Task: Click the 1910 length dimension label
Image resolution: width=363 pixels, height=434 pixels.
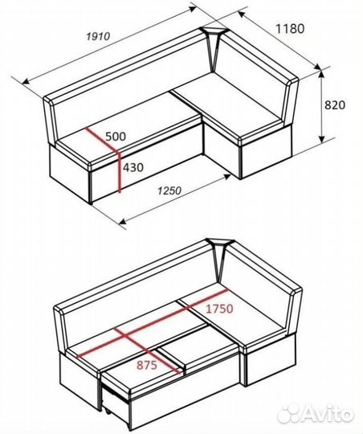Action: (x=98, y=36)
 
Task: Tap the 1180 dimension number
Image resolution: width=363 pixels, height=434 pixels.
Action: (x=290, y=29)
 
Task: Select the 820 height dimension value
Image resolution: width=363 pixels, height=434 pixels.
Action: (x=335, y=105)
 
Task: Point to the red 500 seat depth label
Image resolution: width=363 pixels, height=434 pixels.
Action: (x=116, y=136)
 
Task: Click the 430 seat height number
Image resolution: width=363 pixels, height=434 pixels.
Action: (x=133, y=167)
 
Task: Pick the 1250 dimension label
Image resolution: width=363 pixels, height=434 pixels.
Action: (x=169, y=190)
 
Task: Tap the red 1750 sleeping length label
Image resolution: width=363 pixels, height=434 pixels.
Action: (x=220, y=309)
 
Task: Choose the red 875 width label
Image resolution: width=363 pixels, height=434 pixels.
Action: (x=147, y=365)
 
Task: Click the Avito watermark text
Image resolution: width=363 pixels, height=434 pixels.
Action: (x=328, y=414)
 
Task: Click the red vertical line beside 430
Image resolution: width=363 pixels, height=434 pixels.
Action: (x=119, y=172)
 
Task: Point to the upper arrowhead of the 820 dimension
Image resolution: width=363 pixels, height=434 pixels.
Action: (x=321, y=74)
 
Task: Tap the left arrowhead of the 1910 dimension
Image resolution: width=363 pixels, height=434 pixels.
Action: (x=26, y=81)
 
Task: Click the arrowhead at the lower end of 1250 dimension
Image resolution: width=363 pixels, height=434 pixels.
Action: (x=122, y=221)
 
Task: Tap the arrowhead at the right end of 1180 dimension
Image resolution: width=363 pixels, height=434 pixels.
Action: (x=318, y=66)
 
